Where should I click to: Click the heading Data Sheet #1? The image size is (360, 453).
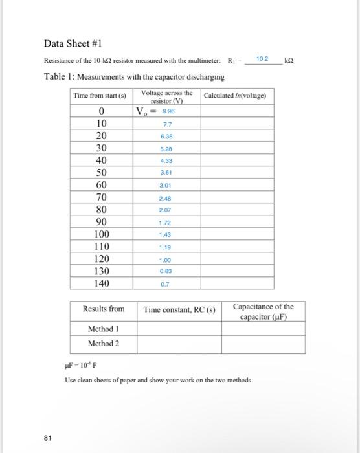(72, 43)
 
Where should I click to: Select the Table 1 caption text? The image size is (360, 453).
(134, 76)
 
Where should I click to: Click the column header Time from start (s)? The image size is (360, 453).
(100, 96)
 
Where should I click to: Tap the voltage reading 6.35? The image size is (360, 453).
(166, 137)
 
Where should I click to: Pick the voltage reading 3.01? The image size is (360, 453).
(166, 185)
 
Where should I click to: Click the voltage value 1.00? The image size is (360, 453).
(166, 260)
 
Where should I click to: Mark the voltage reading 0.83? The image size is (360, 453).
(166, 272)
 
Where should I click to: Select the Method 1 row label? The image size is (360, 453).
(104, 329)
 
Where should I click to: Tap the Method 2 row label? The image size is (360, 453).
(104, 343)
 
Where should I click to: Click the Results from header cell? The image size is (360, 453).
(104, 309)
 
